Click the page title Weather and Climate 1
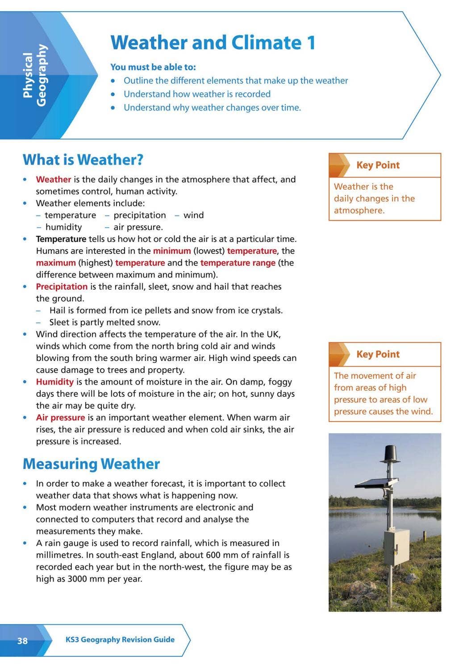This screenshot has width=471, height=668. pos(213,43)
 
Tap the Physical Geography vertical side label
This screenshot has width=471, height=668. pos(34,75)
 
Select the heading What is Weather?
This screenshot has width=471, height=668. pos(83,160)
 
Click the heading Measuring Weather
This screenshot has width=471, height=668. pos(91,464)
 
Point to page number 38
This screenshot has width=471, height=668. pos(22,641)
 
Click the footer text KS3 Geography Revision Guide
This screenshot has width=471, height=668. pos(120,639)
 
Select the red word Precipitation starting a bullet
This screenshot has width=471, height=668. pos(62,286)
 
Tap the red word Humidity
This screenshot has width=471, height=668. pos(54,382)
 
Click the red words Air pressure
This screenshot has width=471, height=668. pos(60,418)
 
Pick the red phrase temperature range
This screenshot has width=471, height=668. pos(238,263)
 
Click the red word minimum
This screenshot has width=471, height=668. pos(172,251)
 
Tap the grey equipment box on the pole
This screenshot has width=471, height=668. pos(396,547)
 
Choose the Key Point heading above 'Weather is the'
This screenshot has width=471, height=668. pos(378,165)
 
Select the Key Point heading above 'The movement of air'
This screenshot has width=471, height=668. pos(378,354)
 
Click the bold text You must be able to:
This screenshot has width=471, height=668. pos(153,67)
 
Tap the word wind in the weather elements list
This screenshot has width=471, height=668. pos(193,215)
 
